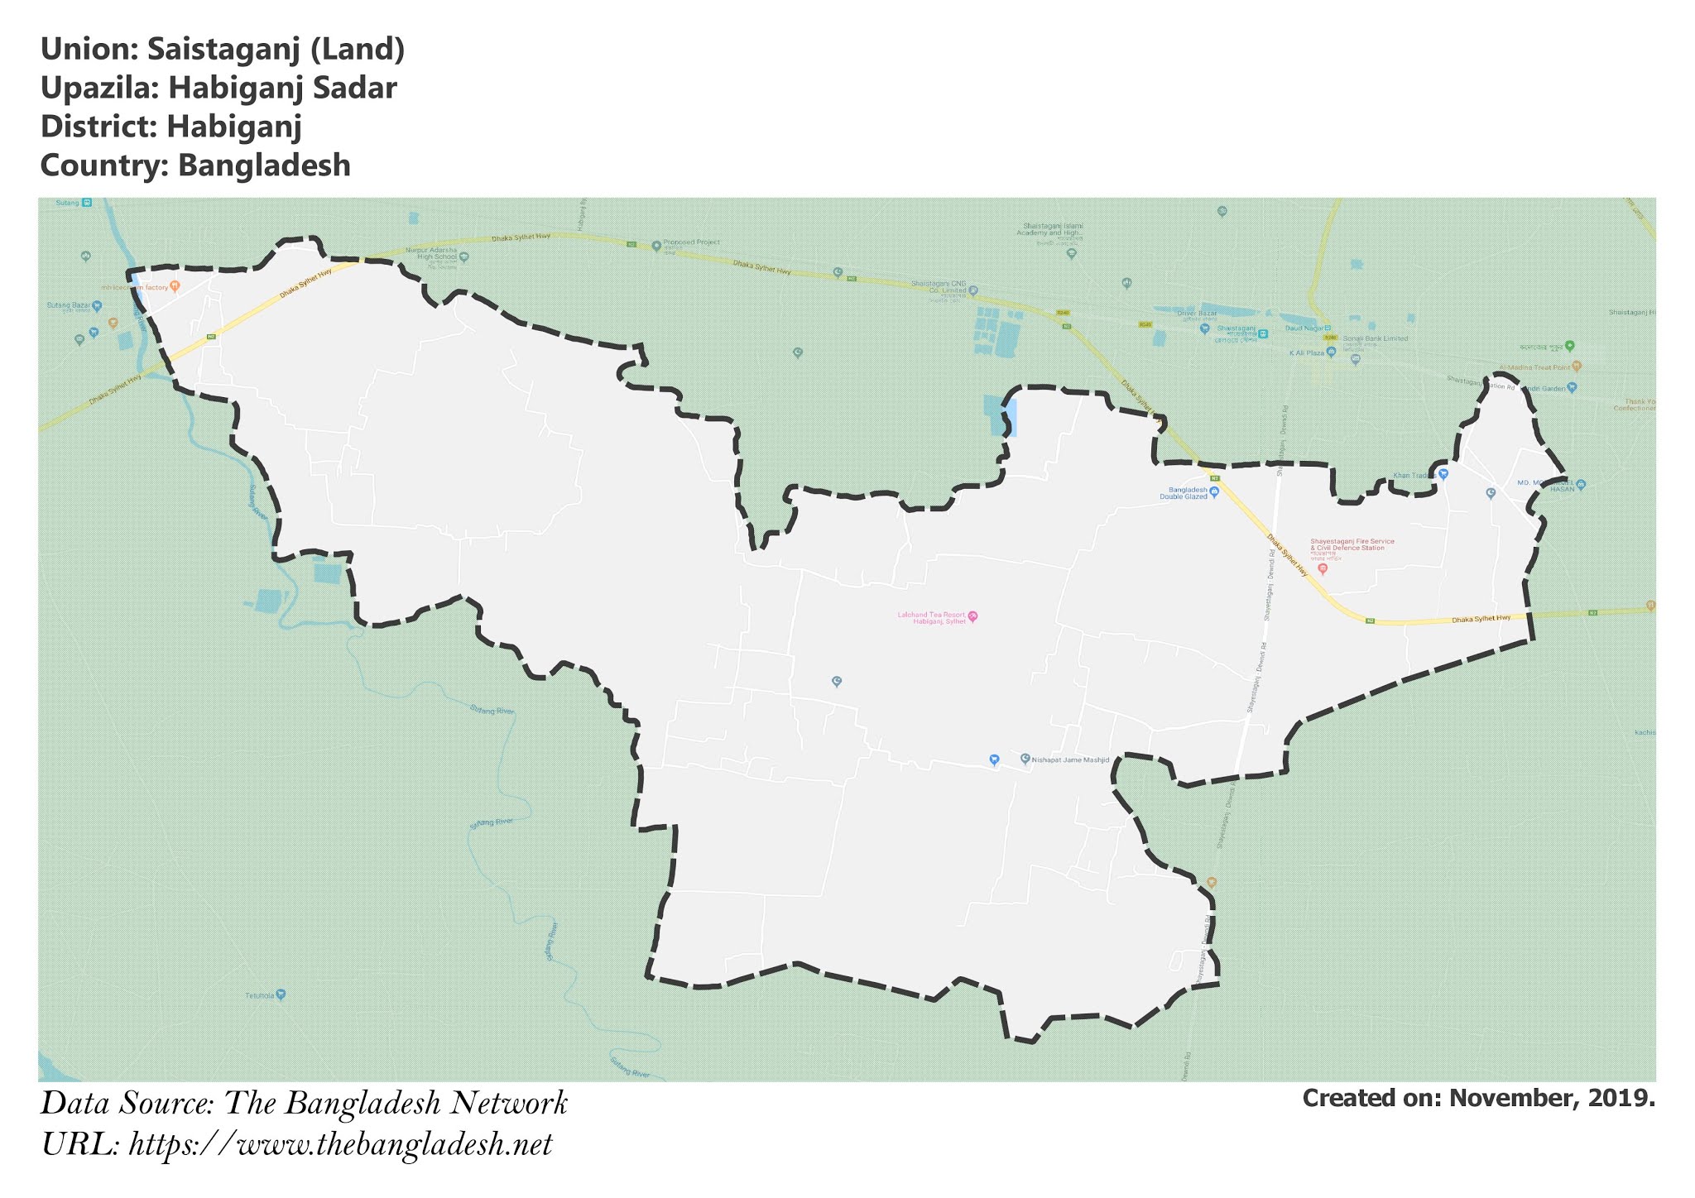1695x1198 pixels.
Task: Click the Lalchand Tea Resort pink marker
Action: click(973, 616)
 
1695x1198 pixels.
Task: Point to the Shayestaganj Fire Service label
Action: click(1352, 544)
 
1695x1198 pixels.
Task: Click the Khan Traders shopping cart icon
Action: click(1443, 474)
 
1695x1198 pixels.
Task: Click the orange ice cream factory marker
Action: click(175, 286)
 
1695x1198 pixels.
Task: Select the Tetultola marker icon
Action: click(281, 994)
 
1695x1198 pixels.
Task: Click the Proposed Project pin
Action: click(656, 246)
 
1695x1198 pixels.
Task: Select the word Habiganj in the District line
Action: click(233, 127)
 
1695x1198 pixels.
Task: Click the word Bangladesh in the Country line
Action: click(264, 165)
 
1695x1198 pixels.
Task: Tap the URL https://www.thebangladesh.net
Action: click(340, 1145)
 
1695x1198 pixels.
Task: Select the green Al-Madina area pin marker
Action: click(1569, 346)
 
